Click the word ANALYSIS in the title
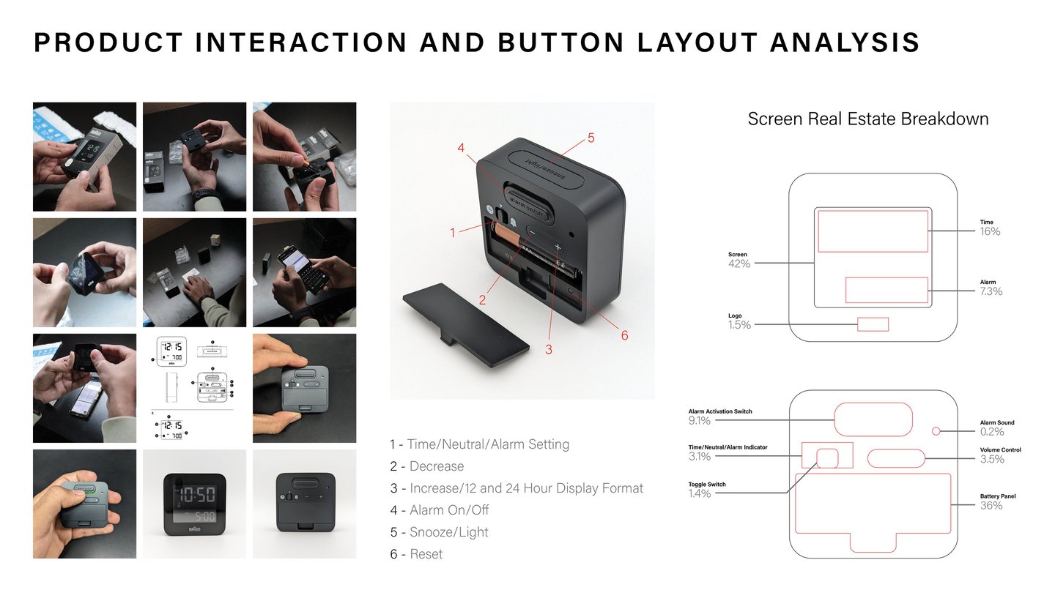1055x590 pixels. (x=845, y=42)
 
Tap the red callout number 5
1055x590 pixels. (x=591, y=138)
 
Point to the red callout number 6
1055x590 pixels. (x=624, y=335)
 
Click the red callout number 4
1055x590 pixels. (x=461, y=148)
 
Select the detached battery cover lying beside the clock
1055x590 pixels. (x=466, y=324)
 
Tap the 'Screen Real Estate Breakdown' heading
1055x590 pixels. (x=868, y=119)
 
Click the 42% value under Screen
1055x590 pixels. (x=739, y=264)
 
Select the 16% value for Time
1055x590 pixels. (x=990, y=231)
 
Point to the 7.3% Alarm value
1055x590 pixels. (x=991, y=291)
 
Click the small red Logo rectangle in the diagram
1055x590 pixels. (x=873, y=324)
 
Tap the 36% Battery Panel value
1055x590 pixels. (x=991, y=505)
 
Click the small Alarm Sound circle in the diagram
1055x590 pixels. (x=936, y=431)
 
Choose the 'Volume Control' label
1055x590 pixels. (x=1000, y=449)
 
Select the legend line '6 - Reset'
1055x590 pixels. (x=416, y=554)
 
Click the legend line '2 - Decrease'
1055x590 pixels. (x=427, y=466)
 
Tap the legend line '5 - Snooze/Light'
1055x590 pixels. (x=439, y=532)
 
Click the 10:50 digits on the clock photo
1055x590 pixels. (x=195, y=495)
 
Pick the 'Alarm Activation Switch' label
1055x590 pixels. (x=720, y=411)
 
